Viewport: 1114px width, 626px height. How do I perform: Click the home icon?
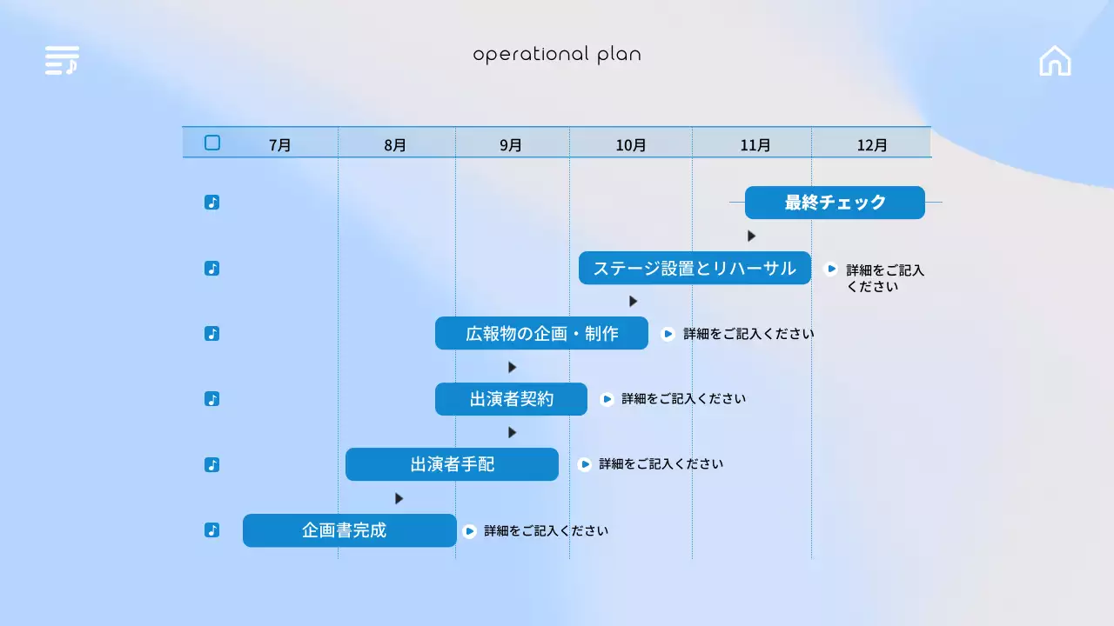[x=1055, y=61]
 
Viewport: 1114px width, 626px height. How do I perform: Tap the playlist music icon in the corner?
[x=62, y=60]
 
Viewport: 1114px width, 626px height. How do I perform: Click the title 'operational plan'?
[x=557, y=55]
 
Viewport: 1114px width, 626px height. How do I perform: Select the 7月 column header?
[x=279, y=145]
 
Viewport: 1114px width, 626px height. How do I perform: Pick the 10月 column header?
[x=631, y=145]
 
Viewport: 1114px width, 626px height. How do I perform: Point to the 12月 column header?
[x=872, y=145]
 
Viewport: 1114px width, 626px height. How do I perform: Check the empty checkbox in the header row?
[x=212, y=143]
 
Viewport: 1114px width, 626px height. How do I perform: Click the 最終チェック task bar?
[x=835, y=203]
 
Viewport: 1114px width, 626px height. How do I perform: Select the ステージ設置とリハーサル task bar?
[x=695, y=269]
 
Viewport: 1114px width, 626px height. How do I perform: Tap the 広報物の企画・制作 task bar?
[x=541, y=333]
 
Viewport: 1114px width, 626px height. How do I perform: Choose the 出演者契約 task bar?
[x=511, y=399]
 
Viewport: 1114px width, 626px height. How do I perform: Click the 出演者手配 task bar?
[x=452, y=464]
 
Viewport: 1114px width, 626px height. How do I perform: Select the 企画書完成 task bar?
[x=350, y=530]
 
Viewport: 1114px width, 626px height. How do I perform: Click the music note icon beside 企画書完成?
[x=211, y=530]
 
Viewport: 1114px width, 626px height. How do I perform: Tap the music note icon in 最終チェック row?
[x=211, y=203]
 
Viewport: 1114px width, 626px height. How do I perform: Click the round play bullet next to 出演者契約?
[x=607, y=399]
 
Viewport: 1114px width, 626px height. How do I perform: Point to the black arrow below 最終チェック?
[x=751, y=236]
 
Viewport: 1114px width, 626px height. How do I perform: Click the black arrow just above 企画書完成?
[x=399, y=498]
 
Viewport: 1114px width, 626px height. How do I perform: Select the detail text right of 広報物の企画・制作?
[x=748, y=334]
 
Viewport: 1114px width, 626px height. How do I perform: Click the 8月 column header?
[x=395, y=145]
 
